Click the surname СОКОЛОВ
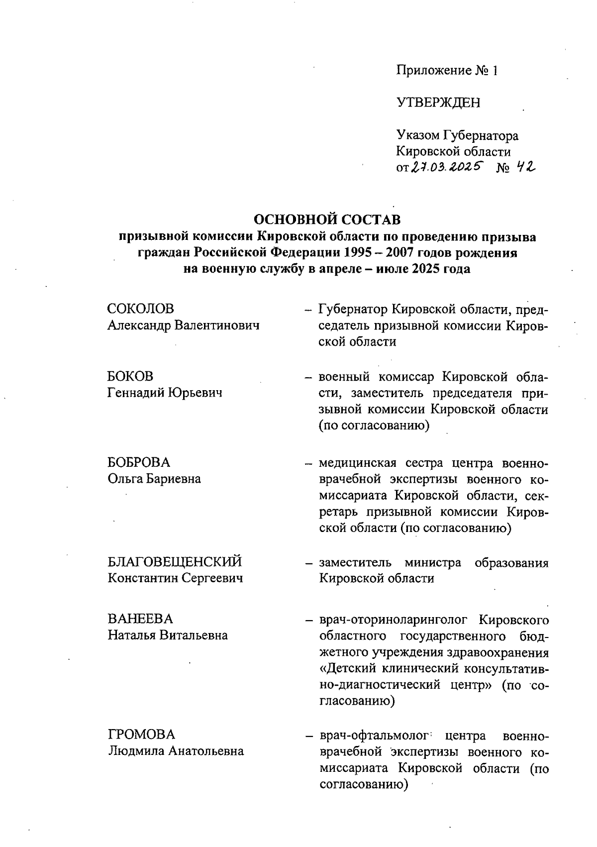pos(141,309)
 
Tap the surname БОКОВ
pos(131,376)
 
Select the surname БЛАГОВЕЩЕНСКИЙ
pos(175,562)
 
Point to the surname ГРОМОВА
pos(142,735)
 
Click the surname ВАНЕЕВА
pos(141,619)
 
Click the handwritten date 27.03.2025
pos(446,168)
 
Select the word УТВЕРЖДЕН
pos(438,103)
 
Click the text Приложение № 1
pos(447,71)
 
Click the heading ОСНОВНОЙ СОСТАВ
pos(327,219)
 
